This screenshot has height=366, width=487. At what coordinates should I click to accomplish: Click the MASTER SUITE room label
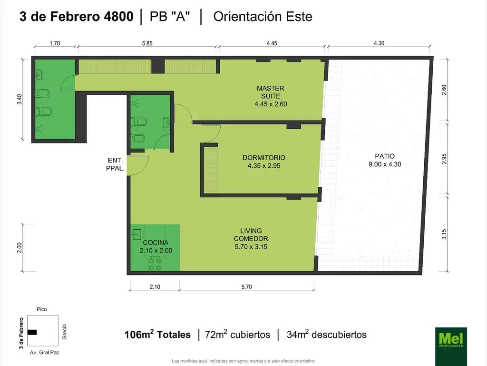[271, 96]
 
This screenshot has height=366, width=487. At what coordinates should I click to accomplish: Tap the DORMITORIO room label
[263, 162]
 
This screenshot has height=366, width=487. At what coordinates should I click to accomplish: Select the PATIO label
[385, 160]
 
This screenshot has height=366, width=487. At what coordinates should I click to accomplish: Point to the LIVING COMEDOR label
[251, 239]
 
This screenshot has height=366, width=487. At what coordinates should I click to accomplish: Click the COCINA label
[156, 246]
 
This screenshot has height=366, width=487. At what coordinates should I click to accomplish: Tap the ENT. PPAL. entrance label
[116, 164]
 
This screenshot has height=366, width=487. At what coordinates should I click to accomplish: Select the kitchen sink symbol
[136, 234]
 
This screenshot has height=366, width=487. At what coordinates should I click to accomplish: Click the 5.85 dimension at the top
[147, 43]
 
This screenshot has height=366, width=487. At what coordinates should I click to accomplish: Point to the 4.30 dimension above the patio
[379, 43]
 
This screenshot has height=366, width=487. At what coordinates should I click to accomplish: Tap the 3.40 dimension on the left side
[19, 99]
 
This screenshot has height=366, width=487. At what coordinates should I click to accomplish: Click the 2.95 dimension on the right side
[444, 159]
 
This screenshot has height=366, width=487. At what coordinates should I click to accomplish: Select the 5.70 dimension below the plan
[247, 286]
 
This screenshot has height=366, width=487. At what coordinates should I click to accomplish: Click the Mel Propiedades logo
[451, 346]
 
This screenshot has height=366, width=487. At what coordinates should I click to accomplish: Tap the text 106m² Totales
[157, 334]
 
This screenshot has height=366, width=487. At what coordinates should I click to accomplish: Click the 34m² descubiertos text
[326, 334]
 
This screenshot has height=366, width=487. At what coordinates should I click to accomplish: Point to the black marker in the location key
[32, 332]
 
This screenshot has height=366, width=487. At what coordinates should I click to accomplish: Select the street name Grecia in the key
[64, 332]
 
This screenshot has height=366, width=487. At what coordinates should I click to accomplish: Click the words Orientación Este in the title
[263, 17]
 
